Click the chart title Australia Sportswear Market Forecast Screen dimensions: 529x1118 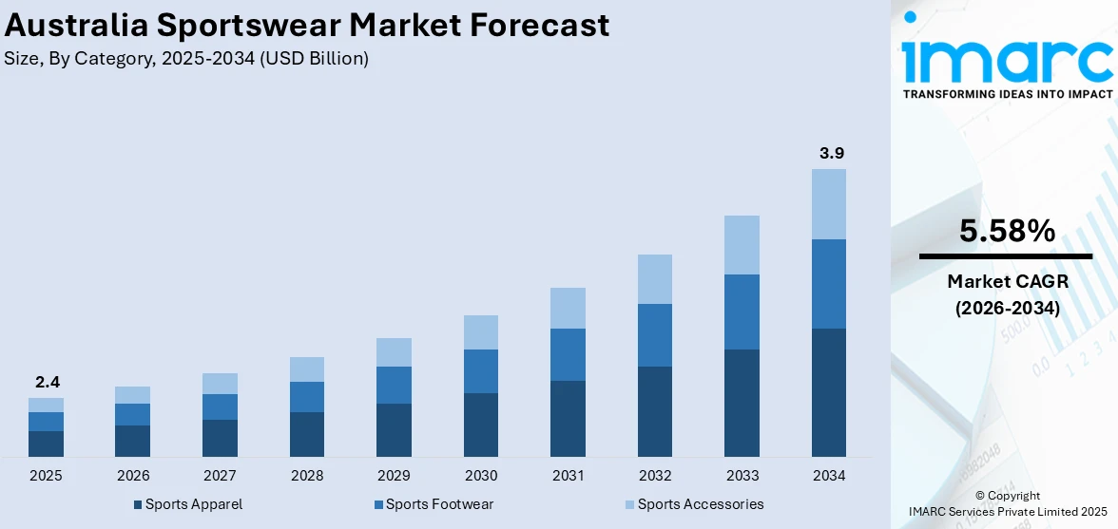(x=306, y=26)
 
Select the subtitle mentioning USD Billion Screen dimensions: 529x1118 (x=186, y=59)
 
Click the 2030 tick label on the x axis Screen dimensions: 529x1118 (x=480, y=475)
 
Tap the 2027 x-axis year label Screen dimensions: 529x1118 (x=220, y=475)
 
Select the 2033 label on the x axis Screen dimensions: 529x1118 (x=742, y=475)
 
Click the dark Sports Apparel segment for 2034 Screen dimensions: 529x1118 (x=828, y=392)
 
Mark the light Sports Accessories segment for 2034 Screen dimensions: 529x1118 (x=828, y=204)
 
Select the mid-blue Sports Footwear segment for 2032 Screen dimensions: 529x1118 (x=654, y=335)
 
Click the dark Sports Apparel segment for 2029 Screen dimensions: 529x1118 (x=394, y=430)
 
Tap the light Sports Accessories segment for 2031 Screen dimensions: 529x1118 (x=568, y=308)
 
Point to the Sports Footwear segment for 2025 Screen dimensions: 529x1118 (x=46, y=422)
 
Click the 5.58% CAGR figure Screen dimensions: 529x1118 (x=1007, y=231)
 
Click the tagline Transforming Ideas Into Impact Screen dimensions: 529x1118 (x=1007, y=94)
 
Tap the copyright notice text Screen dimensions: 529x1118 (x=1007, y=503)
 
